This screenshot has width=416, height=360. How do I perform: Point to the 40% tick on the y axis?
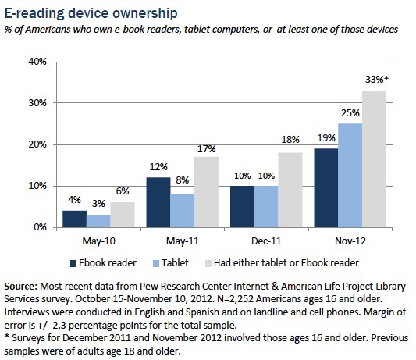point(38,62)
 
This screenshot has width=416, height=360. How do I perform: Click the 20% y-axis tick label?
point(38,144)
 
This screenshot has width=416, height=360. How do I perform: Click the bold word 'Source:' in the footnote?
point(23,287)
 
